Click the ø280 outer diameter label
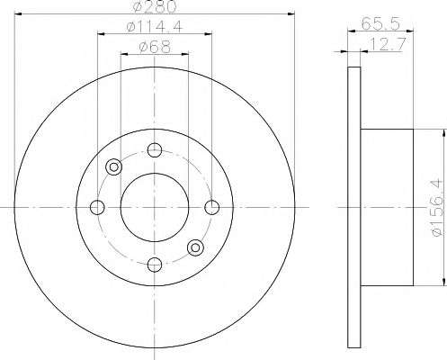155,8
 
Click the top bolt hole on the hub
155,150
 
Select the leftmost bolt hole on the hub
97,208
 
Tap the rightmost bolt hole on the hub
212,208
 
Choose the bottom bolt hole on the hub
155,264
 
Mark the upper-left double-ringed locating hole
114,167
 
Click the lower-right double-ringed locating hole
195,248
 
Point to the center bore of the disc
155,208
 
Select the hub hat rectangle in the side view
387,208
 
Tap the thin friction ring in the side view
353,208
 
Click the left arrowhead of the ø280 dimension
18,14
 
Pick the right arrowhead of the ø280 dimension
292,14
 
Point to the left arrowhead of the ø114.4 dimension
99,34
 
